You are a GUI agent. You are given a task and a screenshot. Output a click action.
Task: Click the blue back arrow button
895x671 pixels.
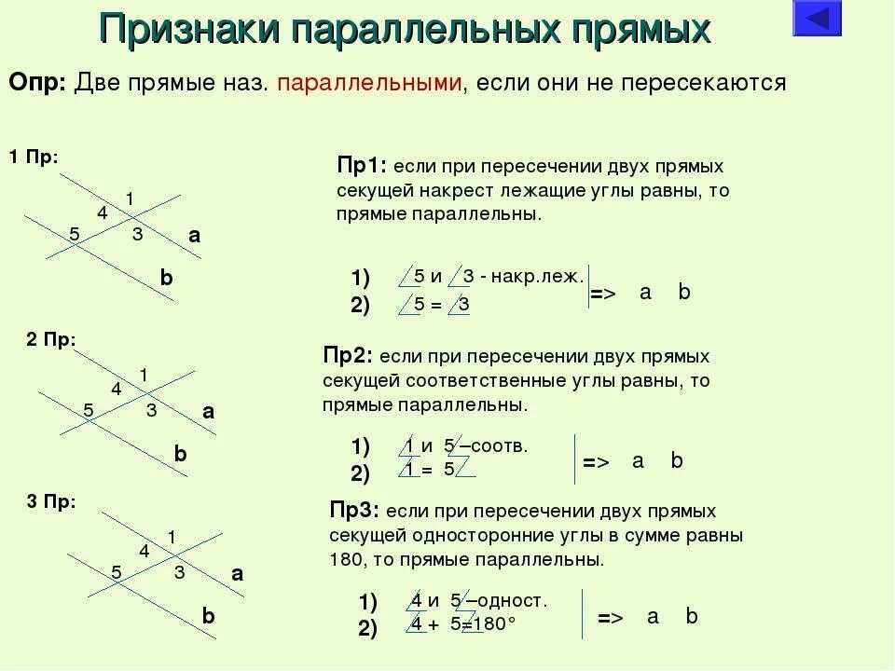(x=817, y=19)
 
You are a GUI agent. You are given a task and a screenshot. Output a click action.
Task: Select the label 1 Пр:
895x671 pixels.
(x=34, y=157)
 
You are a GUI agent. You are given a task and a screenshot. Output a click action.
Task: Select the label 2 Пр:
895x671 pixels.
(x=51, y=340)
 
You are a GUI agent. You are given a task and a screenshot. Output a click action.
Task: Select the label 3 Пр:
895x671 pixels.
(x=51, y=502)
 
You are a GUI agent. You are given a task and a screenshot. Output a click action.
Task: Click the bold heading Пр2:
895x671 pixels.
(x=349, y=357)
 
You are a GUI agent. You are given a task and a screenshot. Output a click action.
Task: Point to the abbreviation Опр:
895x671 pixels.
(x=37, y=82)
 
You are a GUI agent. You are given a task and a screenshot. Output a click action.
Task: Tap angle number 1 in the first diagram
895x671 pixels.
(x=130, y=198)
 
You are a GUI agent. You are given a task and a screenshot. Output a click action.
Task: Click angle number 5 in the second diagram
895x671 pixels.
(x=89, y=410)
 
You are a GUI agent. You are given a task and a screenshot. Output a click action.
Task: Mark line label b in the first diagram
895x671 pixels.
(x=166, y=278)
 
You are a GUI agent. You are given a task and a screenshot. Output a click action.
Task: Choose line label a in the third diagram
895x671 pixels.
(x=237, y=574)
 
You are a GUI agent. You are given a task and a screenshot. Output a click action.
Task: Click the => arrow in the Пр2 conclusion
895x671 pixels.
(x=596, y=462)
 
